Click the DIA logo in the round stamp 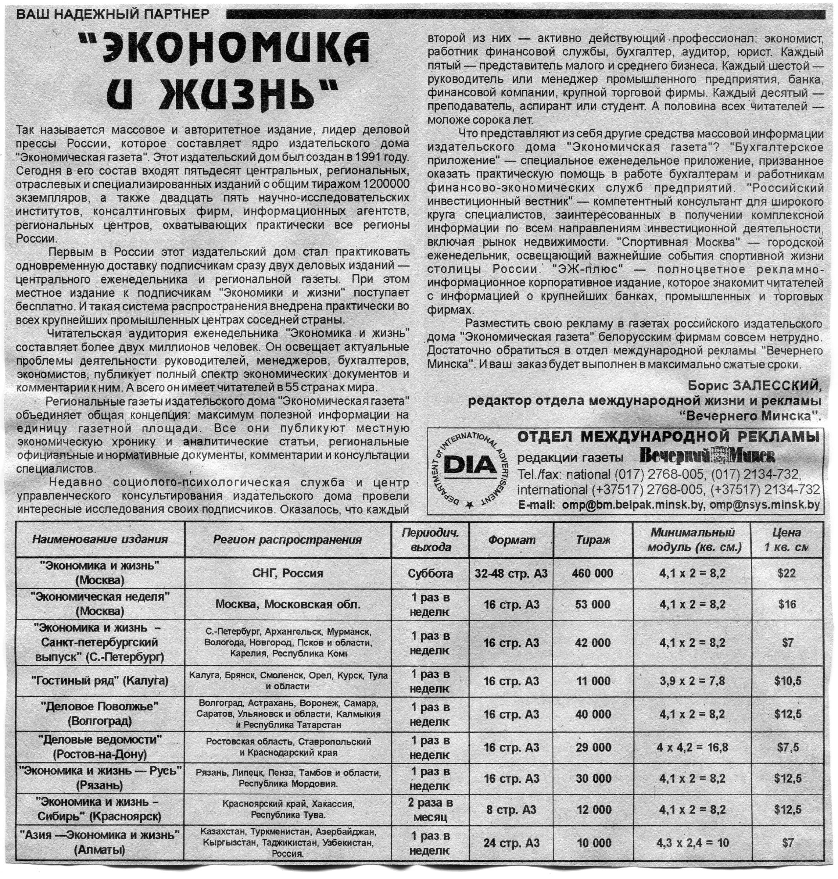tap(470, 465)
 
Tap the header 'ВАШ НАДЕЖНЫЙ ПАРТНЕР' tap(112, 14)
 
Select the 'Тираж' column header tap(593, 540)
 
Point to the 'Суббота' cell tap(430, 574)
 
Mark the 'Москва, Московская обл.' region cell tap(288, 604)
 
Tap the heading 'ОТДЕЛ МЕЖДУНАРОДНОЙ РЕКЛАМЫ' tap(669, 437)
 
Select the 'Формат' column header tap(511, 540)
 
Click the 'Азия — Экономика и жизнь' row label tap(100, 842)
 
